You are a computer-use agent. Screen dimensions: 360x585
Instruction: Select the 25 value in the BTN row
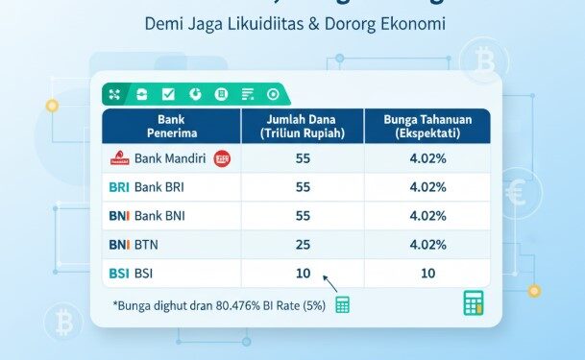pyautogui.click(x=304, y=245)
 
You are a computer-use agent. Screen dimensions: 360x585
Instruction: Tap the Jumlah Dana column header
pyautogui.click(x=304, y=126)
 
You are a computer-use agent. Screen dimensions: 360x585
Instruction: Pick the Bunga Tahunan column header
pyautogui.click(x=427, y=126)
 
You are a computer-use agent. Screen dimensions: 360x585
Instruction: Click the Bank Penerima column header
pyautogui.click(x=170, y=126)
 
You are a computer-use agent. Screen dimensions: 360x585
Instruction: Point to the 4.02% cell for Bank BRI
pyautogui.click(x=427, y=186)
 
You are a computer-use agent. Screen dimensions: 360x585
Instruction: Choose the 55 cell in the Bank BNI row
pyautogui.click(x=304, y=216)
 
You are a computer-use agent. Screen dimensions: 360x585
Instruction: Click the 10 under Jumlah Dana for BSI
pyautogui.click(x=304, y=274)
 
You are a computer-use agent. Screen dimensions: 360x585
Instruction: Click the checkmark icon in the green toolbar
pyautogui.click(x=168, y=93)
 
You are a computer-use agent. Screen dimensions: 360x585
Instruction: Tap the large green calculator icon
pyautogui.click(x=472, y=302)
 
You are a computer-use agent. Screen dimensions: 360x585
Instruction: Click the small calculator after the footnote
pyautogui.click(x=343, y=304)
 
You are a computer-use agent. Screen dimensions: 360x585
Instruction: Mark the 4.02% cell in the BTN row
pyautogui.click(x=427, y=245)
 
